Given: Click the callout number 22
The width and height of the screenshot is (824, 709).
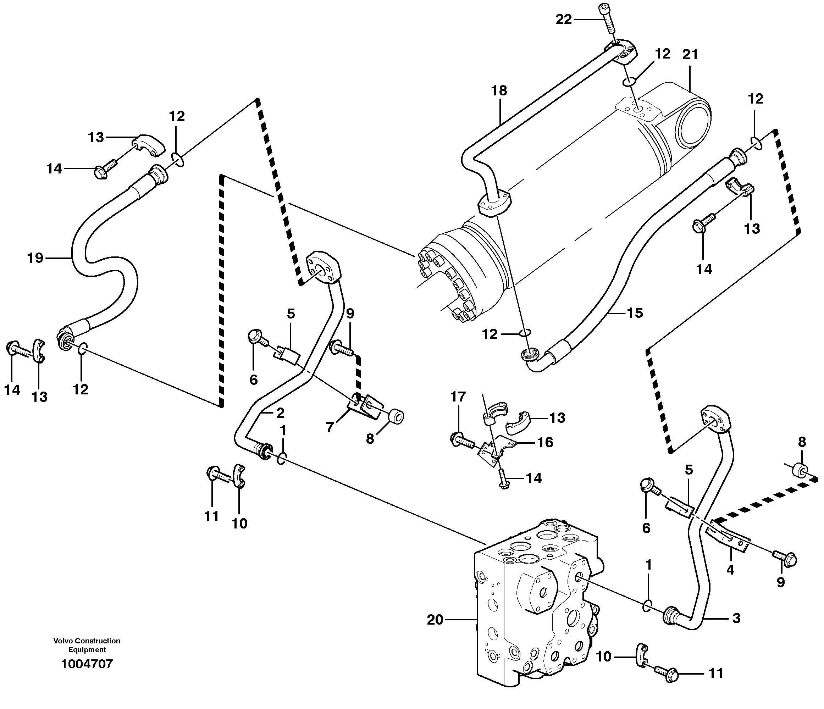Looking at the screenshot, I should (x=563, y=19).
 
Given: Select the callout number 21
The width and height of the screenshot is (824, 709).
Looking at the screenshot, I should (x=690, y=55).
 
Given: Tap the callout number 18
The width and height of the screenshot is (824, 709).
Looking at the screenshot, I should (x=499, y=91).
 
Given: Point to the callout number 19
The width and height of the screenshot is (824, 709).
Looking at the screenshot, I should (x=35, y=258).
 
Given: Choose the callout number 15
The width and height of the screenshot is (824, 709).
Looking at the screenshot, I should (x=635, y=313).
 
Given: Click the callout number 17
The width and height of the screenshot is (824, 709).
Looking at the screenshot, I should (x=458, y=397).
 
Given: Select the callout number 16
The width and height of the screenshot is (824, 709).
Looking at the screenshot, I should (x=545, y=442).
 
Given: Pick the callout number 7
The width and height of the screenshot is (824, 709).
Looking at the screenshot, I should (x=330, y=427).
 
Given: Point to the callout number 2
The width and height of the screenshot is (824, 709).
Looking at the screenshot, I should (x=280, y=413).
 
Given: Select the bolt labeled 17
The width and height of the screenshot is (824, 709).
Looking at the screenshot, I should (x=461, y=440).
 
